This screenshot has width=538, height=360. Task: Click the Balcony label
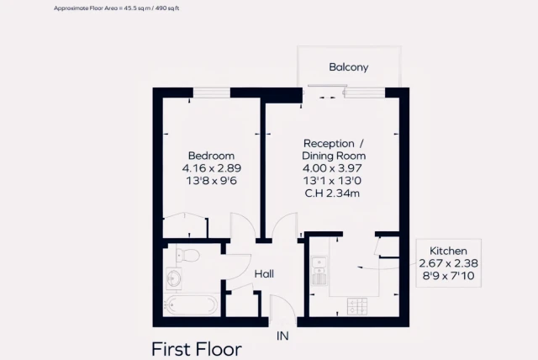pyautogui.click(x=349, y=66)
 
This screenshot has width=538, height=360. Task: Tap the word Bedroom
pyautogui.click(x=211, y=156)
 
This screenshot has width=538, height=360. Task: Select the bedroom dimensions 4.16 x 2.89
pyautogui.click(x=211, y=168)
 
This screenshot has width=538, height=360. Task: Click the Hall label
pyautogui.click(x=265, y=273)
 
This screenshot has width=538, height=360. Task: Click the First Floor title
pyautogui.click(x=196, y=348)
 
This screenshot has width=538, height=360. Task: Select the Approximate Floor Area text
pyautogui.click(x=117, y=8)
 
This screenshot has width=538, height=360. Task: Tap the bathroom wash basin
pyautogui.click(x=175, y=277)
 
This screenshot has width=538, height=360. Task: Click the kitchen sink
pyautogui.click(x=319, y=272)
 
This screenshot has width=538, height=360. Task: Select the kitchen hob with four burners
pyautogui.click(x=357, y=307)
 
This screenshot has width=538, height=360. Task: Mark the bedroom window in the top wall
pyautogui.click(x=211, y=93)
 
